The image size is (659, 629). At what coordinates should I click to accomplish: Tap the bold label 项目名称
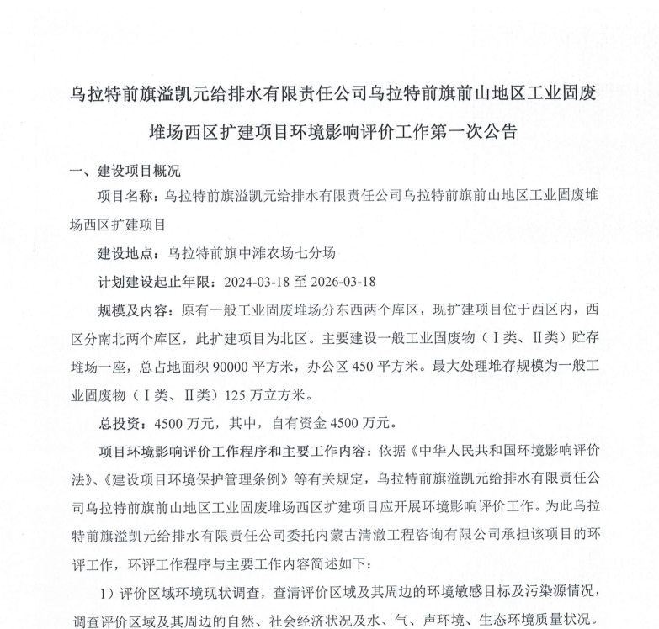pos(126,198)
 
